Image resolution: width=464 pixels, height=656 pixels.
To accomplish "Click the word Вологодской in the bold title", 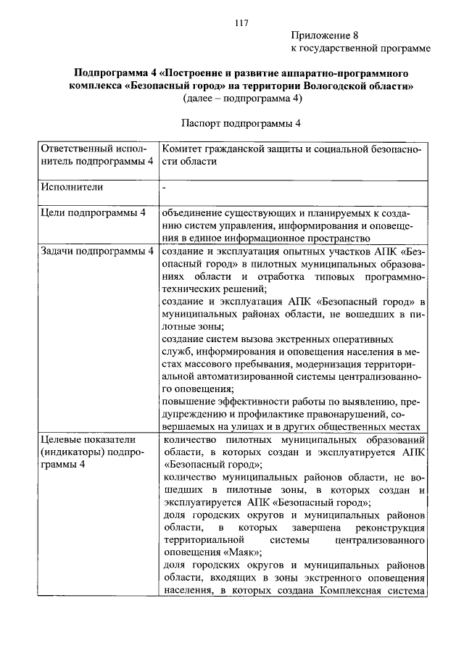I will tap(334, 85).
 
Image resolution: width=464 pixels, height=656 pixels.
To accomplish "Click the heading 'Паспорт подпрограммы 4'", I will tap(241, 123).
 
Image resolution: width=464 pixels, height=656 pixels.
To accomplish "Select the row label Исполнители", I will tap(72, 187).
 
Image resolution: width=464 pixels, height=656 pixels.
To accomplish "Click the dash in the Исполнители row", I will tap(165, 187).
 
